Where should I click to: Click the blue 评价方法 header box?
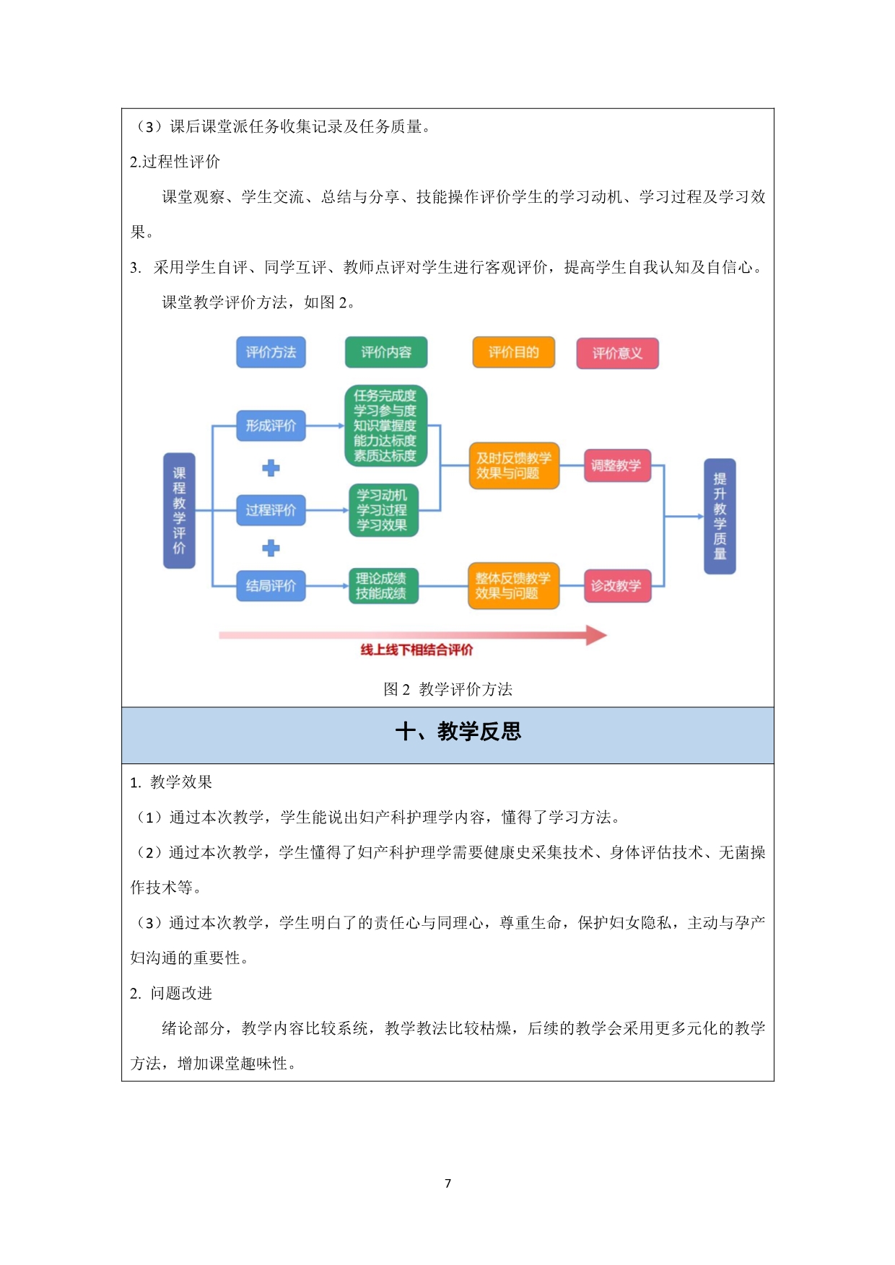click(271, 352)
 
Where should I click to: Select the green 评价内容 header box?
click(386, 352)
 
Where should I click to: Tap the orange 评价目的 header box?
click(513, 352)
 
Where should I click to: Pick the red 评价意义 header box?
click(617, 353)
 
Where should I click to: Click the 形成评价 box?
click(271, 426)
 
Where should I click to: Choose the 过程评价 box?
click(271, 510)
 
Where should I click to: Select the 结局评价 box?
click(271, 585)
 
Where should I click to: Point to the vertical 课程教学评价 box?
click(179, 510)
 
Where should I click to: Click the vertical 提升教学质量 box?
click(720, 516)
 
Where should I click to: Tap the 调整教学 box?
click(617, 465)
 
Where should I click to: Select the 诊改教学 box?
click(617, 585)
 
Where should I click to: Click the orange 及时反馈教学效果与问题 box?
click(514, 465)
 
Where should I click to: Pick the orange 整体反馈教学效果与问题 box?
click(513, 585)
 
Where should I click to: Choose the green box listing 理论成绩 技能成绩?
click(383, 585)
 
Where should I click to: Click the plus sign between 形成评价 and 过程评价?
click(271, 468)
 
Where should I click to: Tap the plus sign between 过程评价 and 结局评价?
click(271, 548)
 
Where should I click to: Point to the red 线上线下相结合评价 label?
click(416, 649)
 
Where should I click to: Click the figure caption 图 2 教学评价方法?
click(447, 689)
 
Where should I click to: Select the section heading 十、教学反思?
click(458, 732)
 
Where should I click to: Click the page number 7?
click(447, 1183)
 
